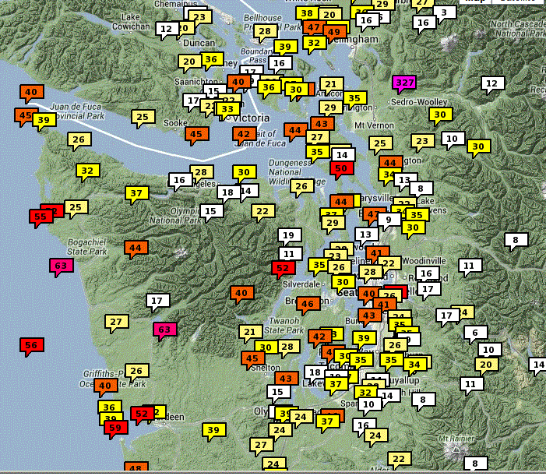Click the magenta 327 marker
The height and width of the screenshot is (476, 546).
click(404, 82)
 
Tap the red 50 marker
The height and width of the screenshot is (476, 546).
click(340, 167)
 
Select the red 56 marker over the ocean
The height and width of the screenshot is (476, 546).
click(31, 345)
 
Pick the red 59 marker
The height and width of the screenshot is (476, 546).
click(115, 427)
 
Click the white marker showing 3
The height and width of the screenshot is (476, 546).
click(444, 12)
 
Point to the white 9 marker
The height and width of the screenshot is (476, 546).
click(389, 220)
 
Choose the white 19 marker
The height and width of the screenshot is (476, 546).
click(289, 234)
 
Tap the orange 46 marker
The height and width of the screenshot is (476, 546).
click(308, 304)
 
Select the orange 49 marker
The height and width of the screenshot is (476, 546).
click(334, 32)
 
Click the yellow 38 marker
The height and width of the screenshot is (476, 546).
click(307, 13)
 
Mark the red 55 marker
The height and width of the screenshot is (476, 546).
click(41, 216)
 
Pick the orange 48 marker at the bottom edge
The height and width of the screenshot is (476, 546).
click(136, 468)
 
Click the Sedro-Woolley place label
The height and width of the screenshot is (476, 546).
click(421, 102)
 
